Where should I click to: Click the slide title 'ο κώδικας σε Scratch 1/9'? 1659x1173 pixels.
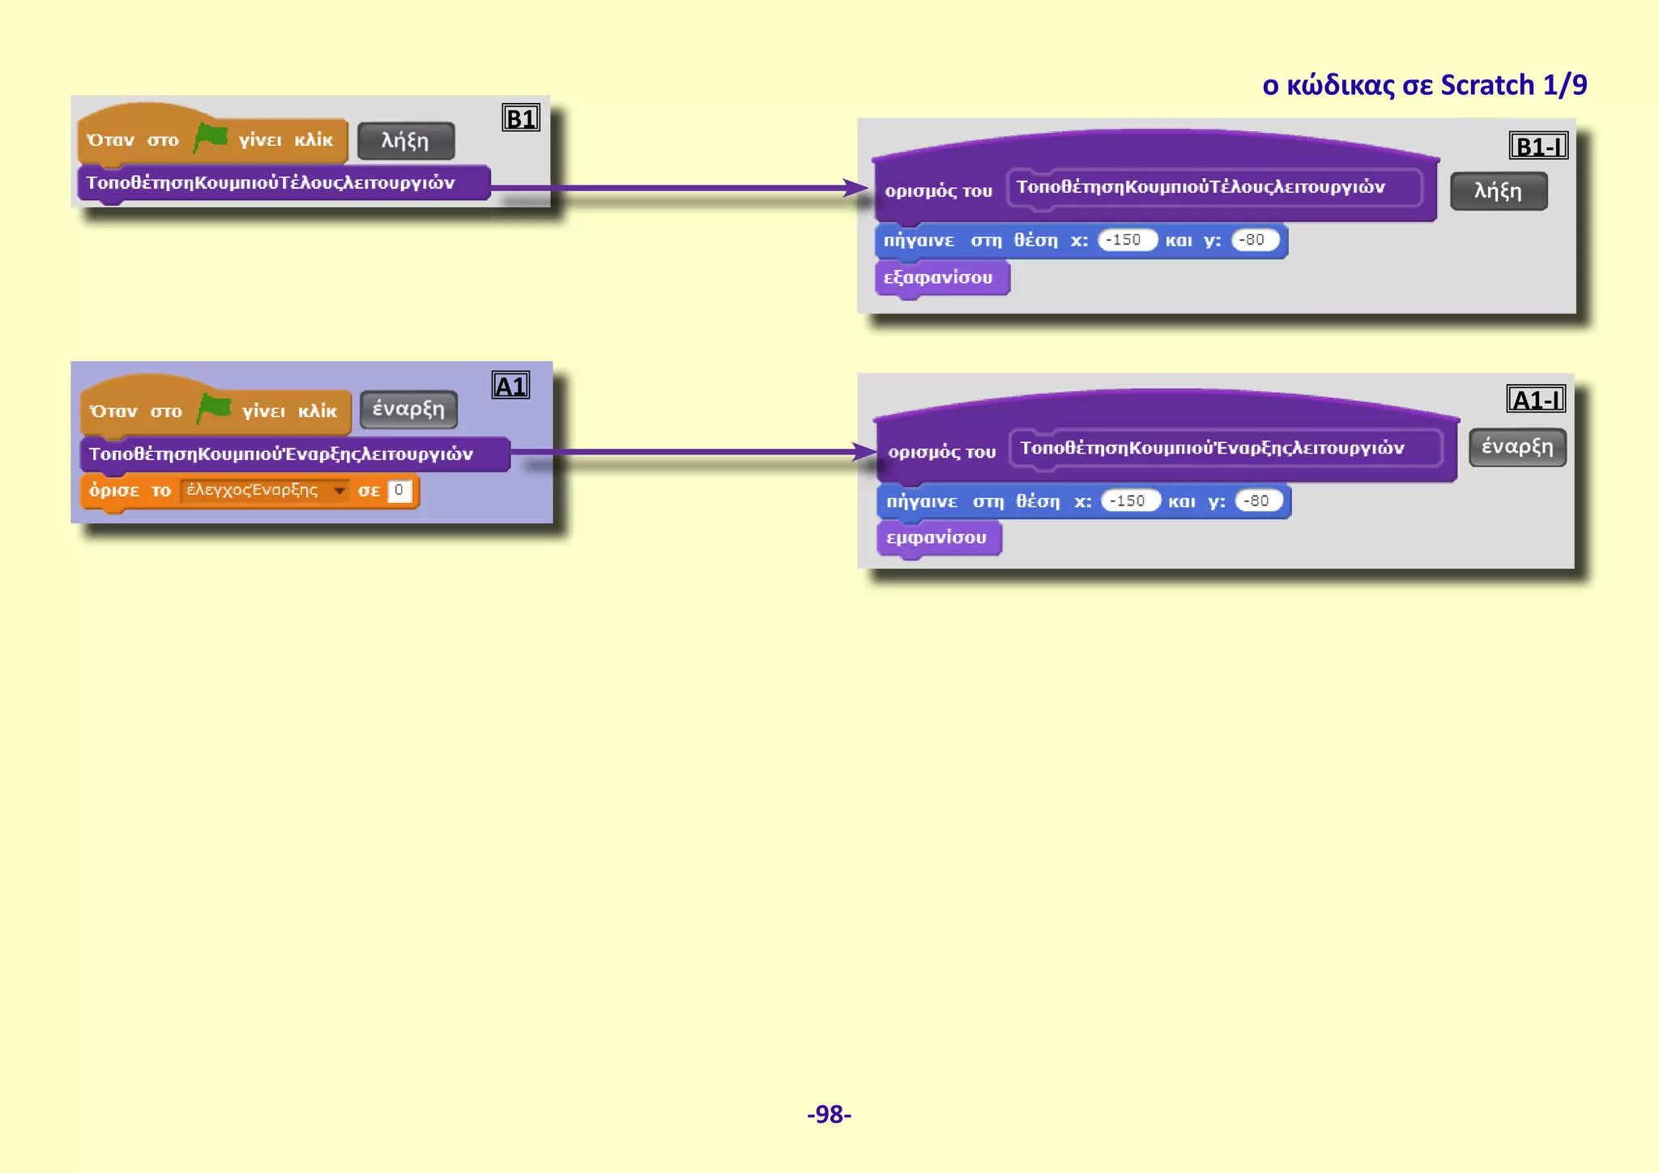pos(1424,85)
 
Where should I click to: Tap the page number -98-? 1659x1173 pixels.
pos(829,1114)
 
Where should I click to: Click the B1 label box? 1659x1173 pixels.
pos(520,118)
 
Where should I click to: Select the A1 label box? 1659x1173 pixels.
pos(510,386)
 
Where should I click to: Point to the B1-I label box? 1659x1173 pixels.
pos(1537,146)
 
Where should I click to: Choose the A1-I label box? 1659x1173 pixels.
pos(1536,399)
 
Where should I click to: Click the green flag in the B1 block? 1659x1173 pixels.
pos(211,137)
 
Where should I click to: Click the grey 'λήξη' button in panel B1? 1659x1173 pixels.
pos(406,141)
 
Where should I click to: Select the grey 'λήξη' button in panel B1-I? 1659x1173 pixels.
pos(1499,191)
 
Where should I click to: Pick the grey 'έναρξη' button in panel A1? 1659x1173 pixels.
pos(408,409)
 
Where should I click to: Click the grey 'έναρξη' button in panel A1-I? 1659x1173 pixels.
pos(1517,447)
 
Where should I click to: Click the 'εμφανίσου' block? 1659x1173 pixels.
pos(937,538)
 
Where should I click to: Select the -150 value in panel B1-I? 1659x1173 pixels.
pos(1126,240)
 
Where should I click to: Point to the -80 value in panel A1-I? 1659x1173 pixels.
pos(1257,501)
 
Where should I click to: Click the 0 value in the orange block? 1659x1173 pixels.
pos(399,490)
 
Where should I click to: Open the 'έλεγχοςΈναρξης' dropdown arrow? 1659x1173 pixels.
pos(339,490)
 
